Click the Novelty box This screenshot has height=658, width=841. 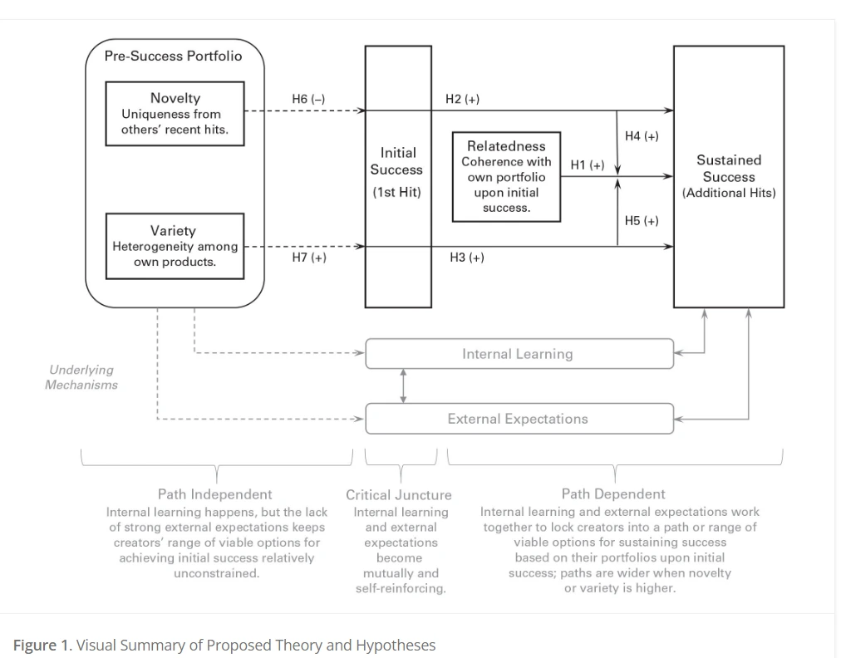(x=175, y=113)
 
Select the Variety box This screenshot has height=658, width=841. (x=175, y=245)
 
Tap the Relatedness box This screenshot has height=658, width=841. (x=506, y=177)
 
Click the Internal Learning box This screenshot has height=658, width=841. (x=519, y=354)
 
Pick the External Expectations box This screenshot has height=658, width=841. (x=519, y=419)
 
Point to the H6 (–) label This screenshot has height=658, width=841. (x=308, y=99)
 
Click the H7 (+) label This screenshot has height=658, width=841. (x=308, y=258)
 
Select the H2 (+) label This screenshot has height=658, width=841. (x=462, y=99)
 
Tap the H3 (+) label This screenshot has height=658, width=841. (x=466, y=258)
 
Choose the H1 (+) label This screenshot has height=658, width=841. (x=587, y=165)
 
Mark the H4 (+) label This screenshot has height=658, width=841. (x=642, y=135)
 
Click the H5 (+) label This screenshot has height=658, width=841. (x=642, y=220)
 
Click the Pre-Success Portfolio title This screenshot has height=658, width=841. (x=173, y=56)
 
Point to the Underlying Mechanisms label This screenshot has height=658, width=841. (x=81, y=377)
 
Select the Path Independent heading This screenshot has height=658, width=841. (x=215, y=494)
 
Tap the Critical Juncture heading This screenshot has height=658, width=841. (x=399, y=495)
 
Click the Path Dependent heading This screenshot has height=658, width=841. (x=613, y=494)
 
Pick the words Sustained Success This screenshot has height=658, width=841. (x=729, y=168)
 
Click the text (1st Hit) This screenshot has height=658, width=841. (x=396, y=192)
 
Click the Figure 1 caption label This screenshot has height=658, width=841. (x=42, y=646)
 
